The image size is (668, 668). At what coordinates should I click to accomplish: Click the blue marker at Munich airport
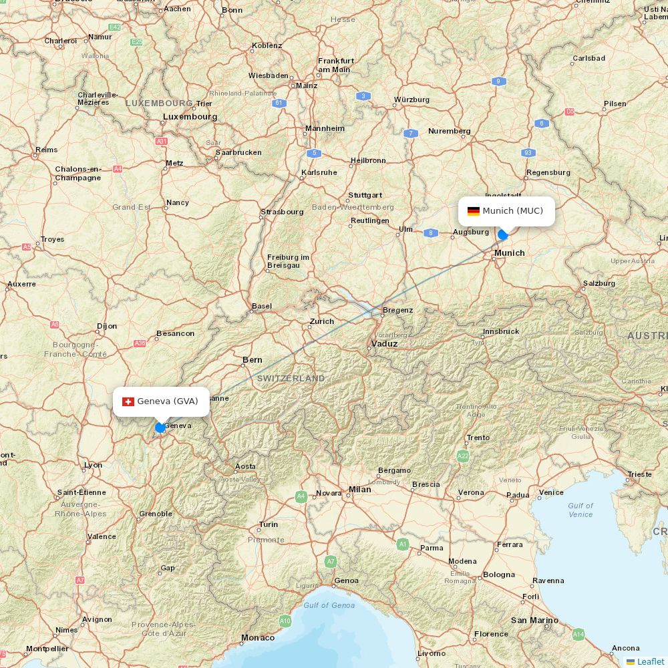click(503, 234)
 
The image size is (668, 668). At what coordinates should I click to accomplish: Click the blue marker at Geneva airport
click(160, 428)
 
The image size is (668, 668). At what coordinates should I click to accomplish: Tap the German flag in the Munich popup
click(474, 211)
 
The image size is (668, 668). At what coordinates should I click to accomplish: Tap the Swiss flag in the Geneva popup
click(128, 401)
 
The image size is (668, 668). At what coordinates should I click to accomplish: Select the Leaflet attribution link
click(650, 661)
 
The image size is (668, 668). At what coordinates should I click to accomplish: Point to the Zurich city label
click(321, 321)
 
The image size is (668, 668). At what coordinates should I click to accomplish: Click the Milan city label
click(359, 490)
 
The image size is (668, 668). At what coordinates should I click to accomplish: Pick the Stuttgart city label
click(365, 195)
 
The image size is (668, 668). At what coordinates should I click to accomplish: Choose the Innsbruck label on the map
click(501, 331)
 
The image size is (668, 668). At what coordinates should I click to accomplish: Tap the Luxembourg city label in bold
click(190, 116)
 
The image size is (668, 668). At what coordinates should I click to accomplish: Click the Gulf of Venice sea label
click(580, 510)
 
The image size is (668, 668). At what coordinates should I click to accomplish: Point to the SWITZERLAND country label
click(291, 378)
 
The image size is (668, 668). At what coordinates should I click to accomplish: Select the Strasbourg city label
click(282, 212)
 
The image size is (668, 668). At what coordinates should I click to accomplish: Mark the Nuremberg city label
click(450, 131)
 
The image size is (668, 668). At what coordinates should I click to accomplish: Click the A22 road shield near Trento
click(463, 456)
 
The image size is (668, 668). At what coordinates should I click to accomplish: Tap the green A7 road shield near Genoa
click(330, 562)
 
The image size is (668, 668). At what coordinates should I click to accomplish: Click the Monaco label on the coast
click(258, 638)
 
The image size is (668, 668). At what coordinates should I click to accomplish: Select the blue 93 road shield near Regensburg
click(528, 152)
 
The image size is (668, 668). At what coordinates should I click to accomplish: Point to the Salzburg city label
click(599, 283)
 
